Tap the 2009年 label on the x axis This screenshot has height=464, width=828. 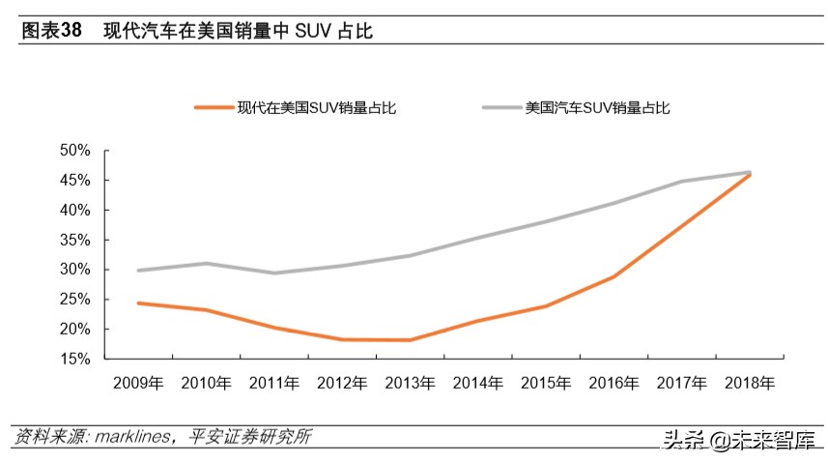pyautogui.click(x=137, y=384)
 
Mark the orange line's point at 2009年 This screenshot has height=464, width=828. pyautogui.click(x=137, y=303)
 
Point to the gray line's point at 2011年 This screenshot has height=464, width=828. pyautogui.click(x=273, y=273)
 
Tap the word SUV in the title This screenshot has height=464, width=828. pyautogui.click(x=308, y=31)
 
